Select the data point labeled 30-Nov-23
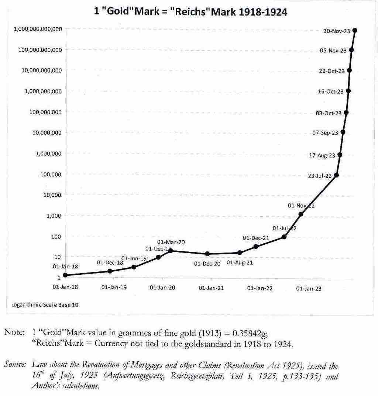click(355, 30)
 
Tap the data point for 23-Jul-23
click(336, 175)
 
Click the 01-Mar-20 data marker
click(171, 251)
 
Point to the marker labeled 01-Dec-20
click(207, 254)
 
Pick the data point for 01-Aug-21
click(240, 253)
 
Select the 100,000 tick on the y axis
click(51, 174)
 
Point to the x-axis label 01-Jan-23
click(309, 289)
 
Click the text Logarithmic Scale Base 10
click(45, 305)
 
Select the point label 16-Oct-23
click(330, 91)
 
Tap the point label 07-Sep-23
click(325, 132)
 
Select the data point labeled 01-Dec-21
click(256, 246)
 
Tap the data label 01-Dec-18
click(110, 263)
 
